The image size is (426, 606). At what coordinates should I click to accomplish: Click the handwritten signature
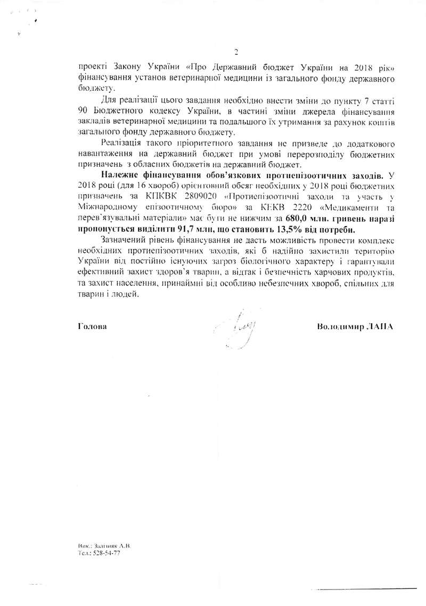click(x=238, y=325)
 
